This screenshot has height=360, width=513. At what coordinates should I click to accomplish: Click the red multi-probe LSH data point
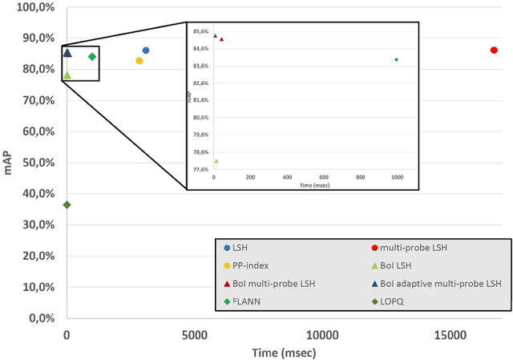click(494, 51)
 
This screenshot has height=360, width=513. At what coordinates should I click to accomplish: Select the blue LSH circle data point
click(146, 51)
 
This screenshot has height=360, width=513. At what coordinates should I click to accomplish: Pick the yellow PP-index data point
click(139, 61)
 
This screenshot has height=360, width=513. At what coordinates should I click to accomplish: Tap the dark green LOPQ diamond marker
click(67, 205)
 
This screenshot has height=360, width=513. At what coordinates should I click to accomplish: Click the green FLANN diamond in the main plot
click(92, 57)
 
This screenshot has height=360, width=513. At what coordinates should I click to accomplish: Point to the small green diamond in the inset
click(396, 60)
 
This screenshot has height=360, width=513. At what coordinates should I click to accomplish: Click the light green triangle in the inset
click(216, 161)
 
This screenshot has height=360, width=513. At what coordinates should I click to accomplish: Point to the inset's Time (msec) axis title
click(315, 185)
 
